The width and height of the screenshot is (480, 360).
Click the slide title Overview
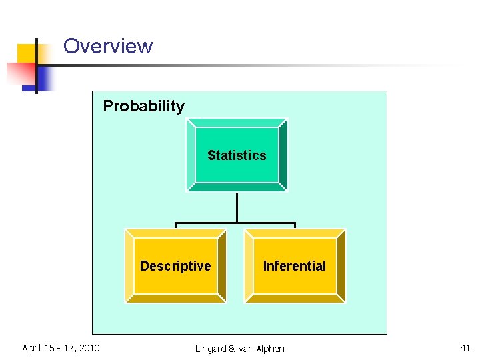pyautogui.click(x=108, y=46)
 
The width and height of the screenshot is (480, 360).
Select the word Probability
pyautogui.click(x=143, y=106)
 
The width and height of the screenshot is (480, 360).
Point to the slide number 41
pyautogui.click(x=465, y=347)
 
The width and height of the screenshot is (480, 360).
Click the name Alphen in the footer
pyautogui.click(x=269, y=349)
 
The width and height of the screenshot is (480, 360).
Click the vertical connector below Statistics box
pyautogui.click(x=237, y=207)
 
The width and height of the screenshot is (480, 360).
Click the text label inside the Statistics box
pyautogui.click(x=237, y=155)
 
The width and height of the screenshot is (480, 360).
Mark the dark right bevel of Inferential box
pyautogui.click(x=341, y=266)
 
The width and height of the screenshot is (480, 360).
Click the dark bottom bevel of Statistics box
pyautogui.click(x=237, y=187)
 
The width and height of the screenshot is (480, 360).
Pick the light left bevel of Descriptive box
pyautogui.click(x=129, y=266)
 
